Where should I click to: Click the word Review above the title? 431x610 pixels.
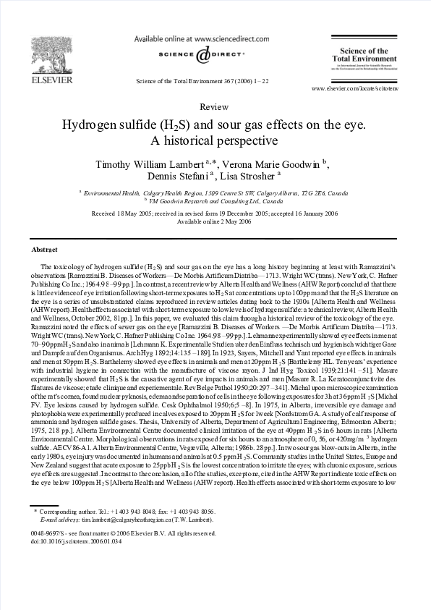tap(214, 106)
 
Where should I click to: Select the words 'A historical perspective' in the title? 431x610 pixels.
tap(214, 140)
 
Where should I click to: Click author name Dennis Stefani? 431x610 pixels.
tap(174, 177)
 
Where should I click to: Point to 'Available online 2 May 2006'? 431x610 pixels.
tap(215, 221)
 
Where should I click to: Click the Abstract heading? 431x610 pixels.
tap(45, 250)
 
